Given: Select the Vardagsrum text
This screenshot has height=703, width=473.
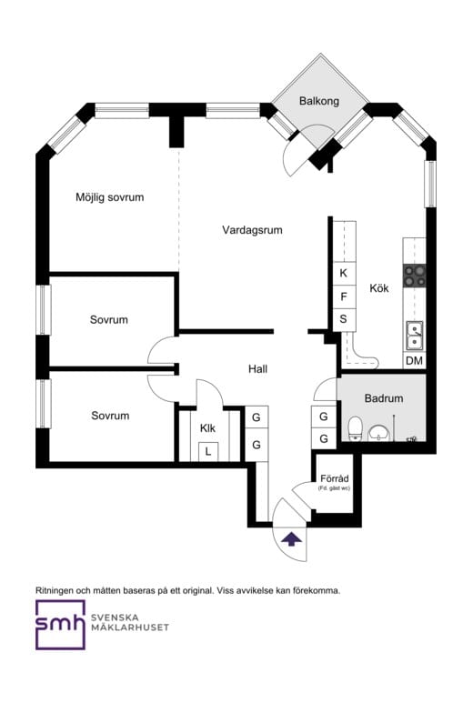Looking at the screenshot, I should point(252,230).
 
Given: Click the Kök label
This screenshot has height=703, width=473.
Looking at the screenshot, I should point(379,288).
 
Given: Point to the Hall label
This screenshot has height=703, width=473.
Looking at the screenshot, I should point(257,369).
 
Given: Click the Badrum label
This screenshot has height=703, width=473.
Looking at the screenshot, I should point(383,398).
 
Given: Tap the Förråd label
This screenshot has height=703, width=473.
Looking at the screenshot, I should point(334,479).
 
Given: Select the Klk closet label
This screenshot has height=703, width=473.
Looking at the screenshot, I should point(207,427).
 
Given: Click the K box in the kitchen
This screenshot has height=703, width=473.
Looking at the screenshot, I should point(343,273).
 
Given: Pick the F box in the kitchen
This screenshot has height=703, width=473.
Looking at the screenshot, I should point(343,296).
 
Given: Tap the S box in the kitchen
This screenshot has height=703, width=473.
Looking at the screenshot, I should point(343,319).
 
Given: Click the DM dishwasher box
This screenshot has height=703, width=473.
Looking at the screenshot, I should point(414,361).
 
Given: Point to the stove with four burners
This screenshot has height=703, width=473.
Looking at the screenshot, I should point(415,275).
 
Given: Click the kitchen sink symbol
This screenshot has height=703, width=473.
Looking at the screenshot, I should point(414,335).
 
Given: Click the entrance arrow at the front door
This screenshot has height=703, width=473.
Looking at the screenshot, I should point(291,538).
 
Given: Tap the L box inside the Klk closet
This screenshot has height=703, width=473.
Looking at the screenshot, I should point(207,450).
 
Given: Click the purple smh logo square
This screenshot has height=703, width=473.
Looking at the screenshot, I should point(60,625).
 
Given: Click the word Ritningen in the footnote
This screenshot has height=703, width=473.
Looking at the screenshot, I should point(56,589).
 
